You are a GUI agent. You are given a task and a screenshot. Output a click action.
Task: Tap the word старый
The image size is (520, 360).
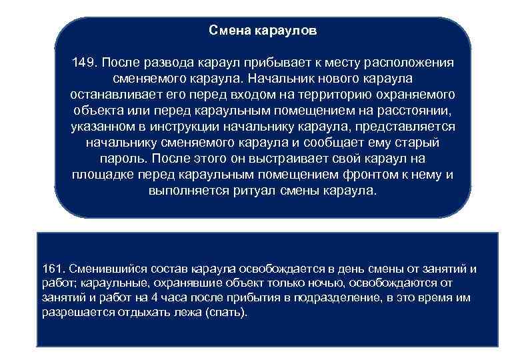(419, 143)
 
